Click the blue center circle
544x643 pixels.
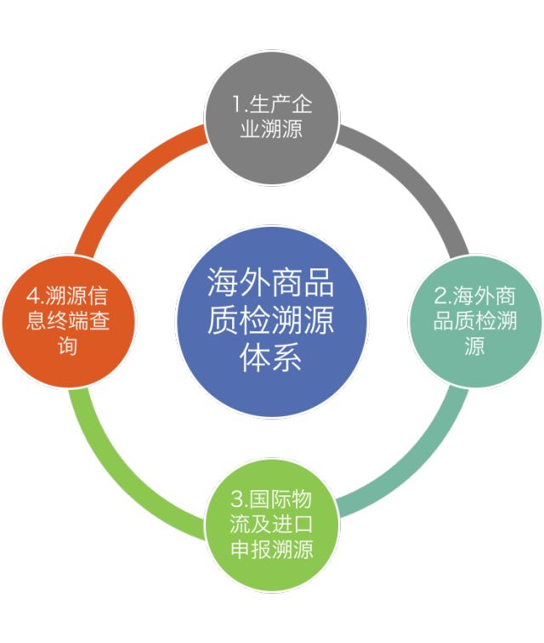tap(272, 321)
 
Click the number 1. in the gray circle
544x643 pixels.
tap(239, 104)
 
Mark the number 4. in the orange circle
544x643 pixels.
tap(35, 296)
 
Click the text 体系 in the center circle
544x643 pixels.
tap(272, 358)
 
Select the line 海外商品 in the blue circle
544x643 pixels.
tap(272, 285)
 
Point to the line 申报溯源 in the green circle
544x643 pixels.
tap(272, 549)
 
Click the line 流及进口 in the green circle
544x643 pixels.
tap(272, 523)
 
